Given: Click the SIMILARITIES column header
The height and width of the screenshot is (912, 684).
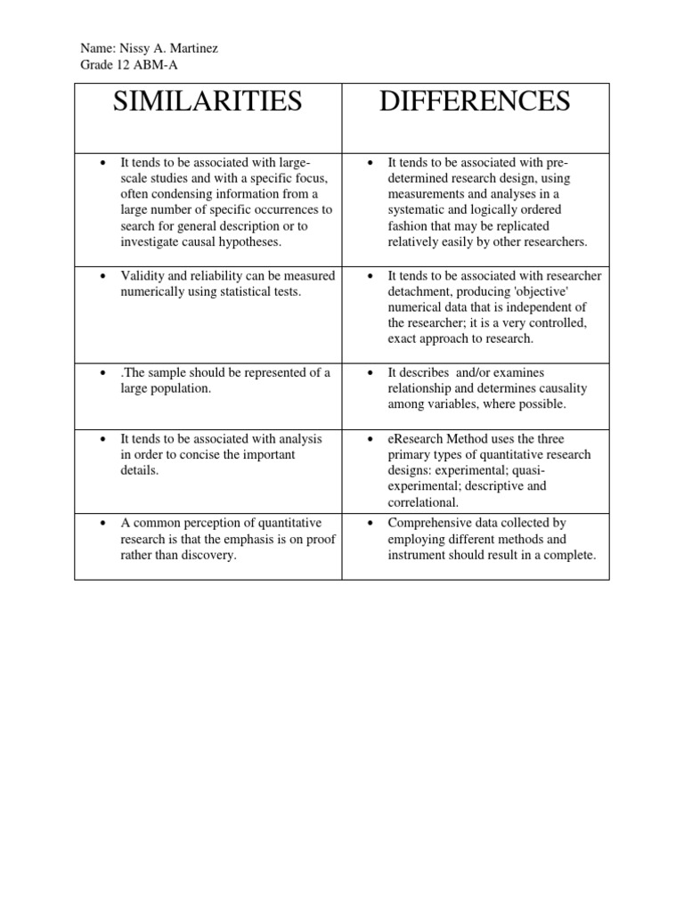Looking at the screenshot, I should point(208,102).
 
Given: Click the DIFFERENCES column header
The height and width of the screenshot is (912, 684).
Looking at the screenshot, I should point(475,102).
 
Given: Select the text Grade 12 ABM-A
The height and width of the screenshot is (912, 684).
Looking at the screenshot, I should point(122,64).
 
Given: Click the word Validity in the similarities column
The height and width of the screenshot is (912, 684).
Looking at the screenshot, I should point(142,276).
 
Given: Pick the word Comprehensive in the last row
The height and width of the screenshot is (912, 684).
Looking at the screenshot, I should point(426,523).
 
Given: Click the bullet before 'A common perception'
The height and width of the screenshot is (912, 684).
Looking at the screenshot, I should point(104,524).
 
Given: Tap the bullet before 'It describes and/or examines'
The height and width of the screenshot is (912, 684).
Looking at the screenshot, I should point(371,373).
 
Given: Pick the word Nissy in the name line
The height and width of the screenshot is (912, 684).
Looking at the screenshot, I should point(134,48).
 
